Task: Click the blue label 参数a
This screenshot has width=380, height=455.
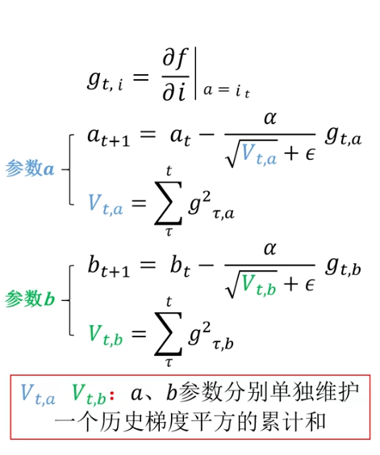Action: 30,169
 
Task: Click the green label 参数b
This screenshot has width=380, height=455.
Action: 30,298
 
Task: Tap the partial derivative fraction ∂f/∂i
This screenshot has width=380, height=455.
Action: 175,75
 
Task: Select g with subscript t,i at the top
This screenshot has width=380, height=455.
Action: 105,81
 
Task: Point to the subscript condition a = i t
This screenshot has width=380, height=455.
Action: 227,91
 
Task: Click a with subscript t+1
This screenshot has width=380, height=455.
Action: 109,137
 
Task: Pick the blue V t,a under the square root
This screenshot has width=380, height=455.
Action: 259,154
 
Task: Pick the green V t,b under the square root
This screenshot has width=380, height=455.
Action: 259,285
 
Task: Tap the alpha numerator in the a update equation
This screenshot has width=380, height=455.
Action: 270,119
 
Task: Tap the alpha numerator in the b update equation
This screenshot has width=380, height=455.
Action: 270,249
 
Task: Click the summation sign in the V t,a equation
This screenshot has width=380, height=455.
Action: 169,203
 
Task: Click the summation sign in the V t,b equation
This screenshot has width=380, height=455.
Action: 169,334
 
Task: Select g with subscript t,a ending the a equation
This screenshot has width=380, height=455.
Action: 344,137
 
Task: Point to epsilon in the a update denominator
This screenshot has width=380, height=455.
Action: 310,154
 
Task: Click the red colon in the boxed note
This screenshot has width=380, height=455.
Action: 112,394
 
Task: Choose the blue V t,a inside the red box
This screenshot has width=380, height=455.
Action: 38,394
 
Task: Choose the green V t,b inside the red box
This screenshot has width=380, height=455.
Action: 89,394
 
